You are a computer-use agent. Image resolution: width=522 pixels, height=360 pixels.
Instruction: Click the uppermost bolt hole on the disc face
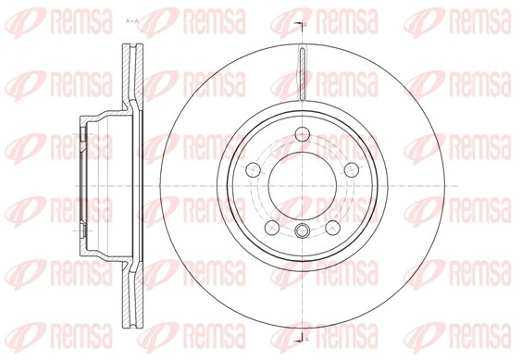tap(303, 134)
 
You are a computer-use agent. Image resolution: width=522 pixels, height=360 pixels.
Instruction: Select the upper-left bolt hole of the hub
tap(253, 170)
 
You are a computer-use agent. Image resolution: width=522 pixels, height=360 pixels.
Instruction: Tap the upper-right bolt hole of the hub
tap(352, 170)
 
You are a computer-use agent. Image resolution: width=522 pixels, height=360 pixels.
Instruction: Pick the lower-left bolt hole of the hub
tap(272, 228)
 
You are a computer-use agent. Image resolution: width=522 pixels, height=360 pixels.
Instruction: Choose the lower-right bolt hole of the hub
tap(332, 228)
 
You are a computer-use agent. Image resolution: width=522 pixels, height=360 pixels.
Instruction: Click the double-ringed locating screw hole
tap(303, 230)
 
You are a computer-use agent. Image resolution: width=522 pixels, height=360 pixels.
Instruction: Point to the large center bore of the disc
tap(303, 186)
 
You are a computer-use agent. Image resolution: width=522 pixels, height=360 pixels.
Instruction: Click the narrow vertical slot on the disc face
tap(303, 74)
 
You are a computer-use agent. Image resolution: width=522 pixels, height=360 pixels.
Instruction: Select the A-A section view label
tap(131, 21)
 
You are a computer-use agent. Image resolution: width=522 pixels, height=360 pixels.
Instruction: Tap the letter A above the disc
tap(306, 24)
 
